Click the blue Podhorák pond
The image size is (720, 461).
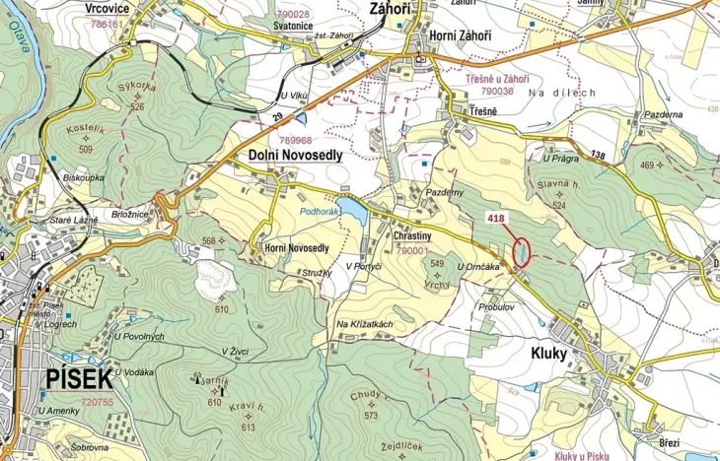pos(352,211)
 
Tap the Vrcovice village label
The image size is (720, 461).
pos(109,7)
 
